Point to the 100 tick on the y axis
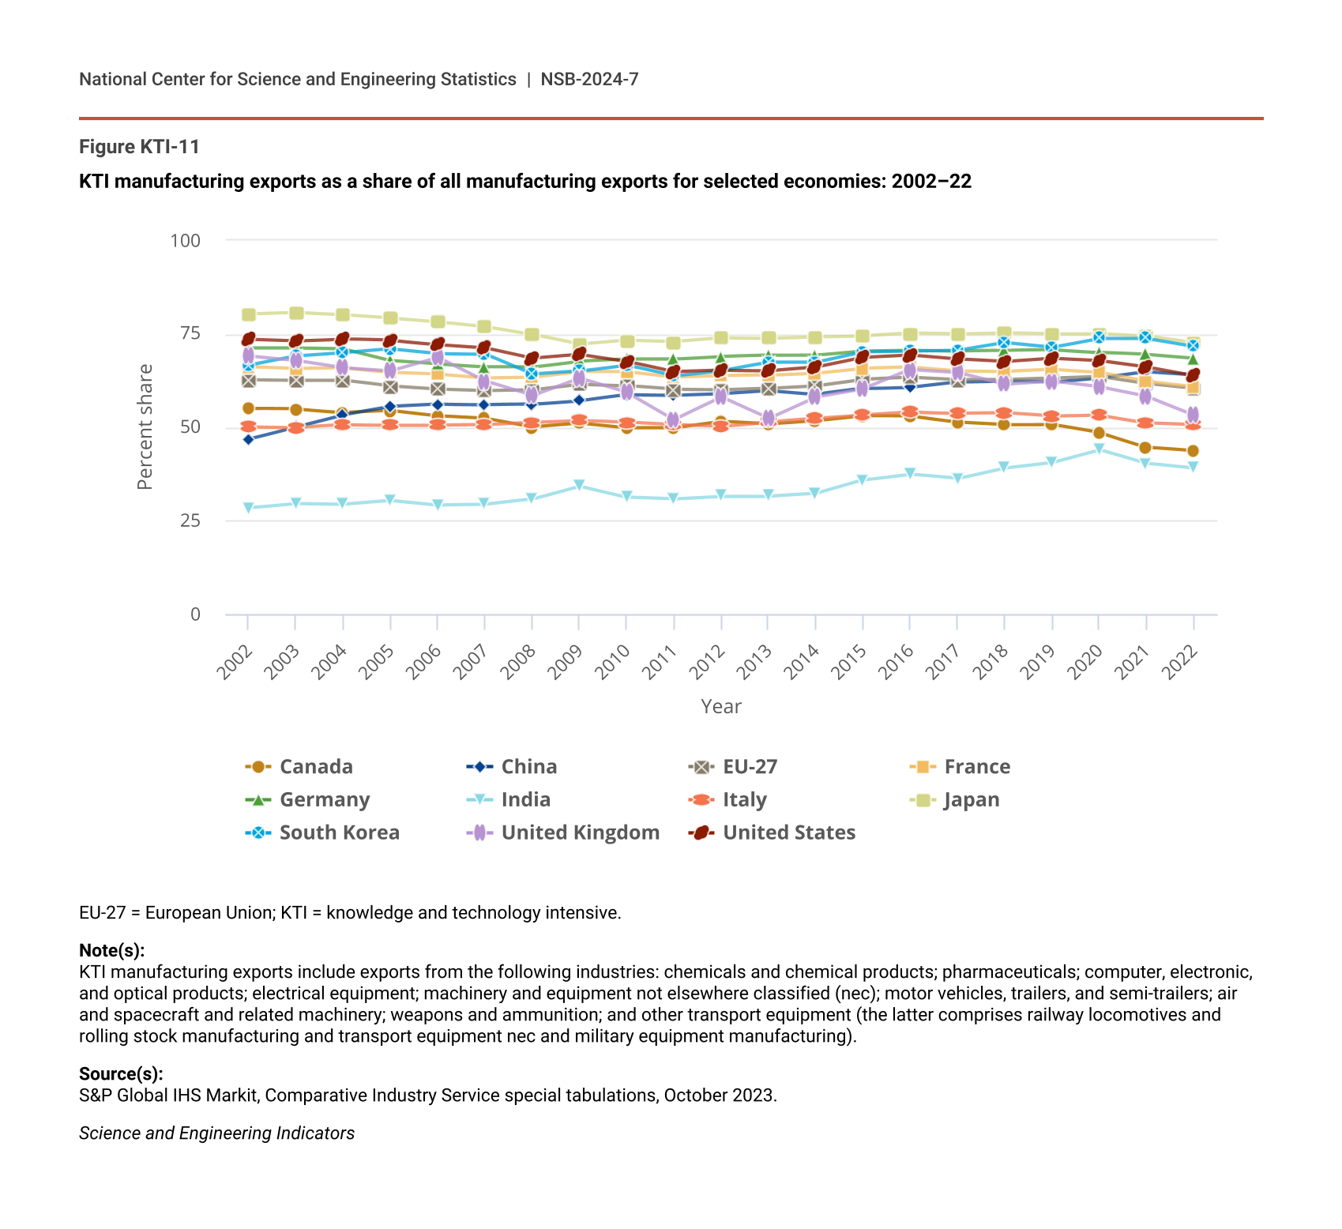point(186,240)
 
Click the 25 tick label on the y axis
point(190,521)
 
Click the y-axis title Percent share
point(145,427)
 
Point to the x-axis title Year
point(721,707)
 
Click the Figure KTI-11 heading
point(139,147)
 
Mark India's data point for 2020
point(1099,449)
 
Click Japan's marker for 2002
point(249,315)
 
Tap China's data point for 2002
point(248,439)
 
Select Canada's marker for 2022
point(1193,451)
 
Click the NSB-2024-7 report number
point(589,79)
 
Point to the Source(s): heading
point(121,1074)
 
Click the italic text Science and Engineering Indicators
point(216,1133)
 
